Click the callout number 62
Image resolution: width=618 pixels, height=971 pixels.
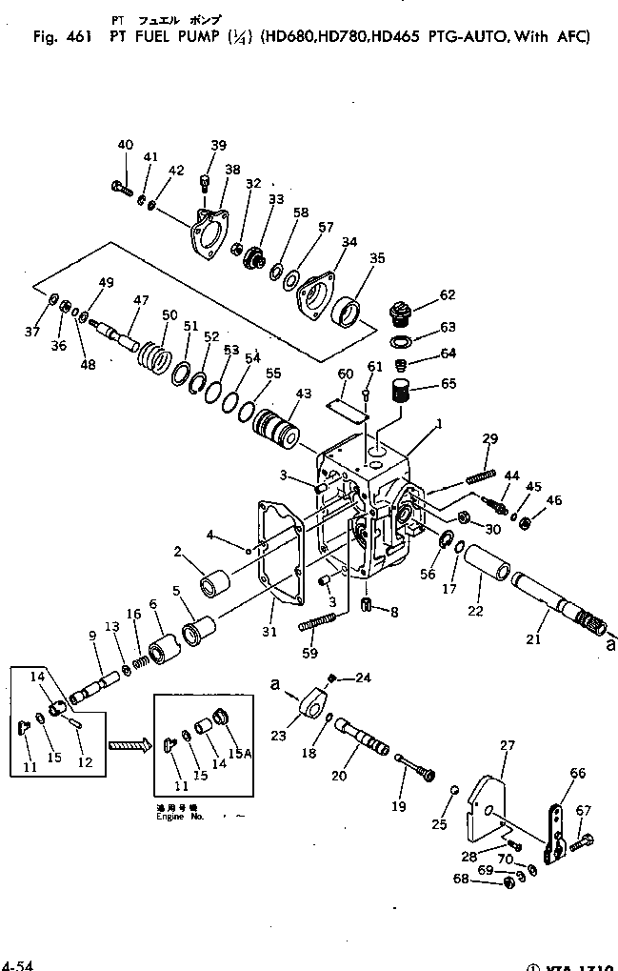(447, 295)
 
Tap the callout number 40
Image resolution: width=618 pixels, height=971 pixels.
(125, 145)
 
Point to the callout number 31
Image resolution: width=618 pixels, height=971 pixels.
(269, 631)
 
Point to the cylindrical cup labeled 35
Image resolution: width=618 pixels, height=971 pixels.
(349, 312)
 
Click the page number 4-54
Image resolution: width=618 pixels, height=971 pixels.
(17, 964)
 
